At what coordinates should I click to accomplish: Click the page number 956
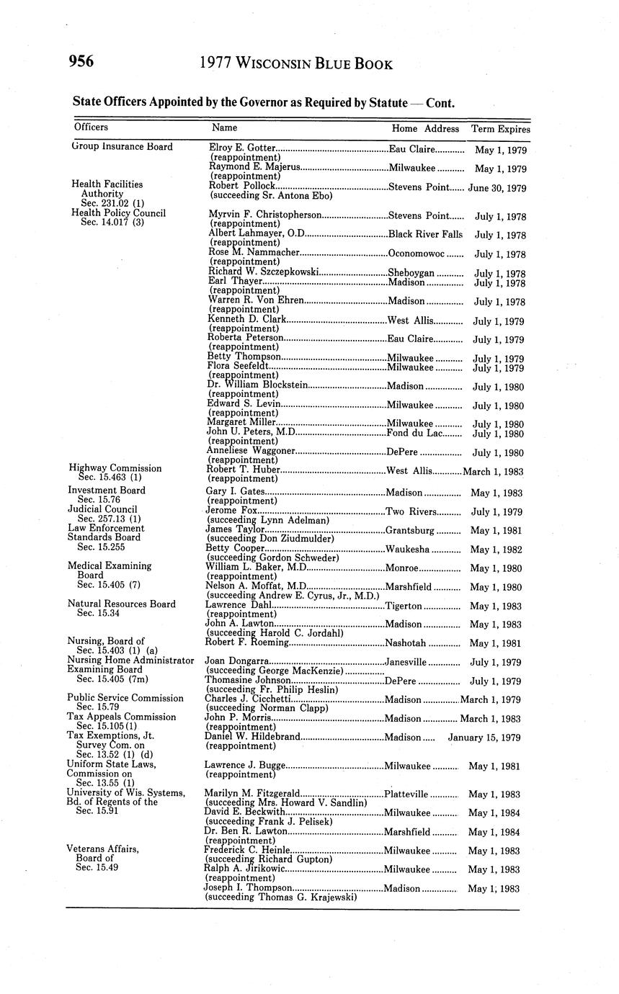pos(81,62)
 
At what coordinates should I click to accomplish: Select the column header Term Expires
pos(500,129)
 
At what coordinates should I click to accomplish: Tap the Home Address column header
pos(425,129)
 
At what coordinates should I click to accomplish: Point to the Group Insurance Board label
pos(123,147)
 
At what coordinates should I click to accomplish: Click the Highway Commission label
pos(115,467)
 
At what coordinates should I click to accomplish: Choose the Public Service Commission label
pos(125,698)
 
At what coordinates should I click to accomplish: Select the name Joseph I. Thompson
pos(248,888)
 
